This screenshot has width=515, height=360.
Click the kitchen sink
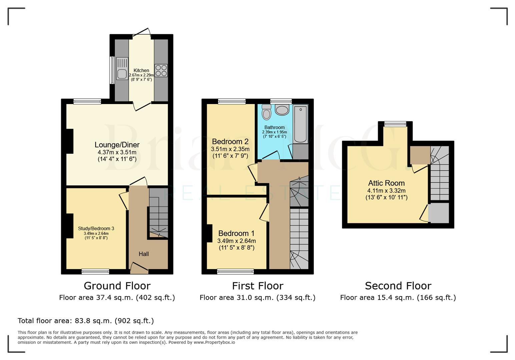[x=122, y=69]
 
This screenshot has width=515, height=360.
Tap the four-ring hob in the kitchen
[x=161, y=70]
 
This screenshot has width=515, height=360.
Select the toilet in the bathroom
[x=267, y=112]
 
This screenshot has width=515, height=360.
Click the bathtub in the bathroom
[x=301, y=124]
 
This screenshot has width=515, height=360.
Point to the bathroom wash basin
[x=282, y=110]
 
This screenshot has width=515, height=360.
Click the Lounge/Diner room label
[x=117, y=145]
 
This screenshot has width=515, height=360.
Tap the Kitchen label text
[x=141, y=70]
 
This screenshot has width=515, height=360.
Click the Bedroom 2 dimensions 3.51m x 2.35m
[x=230, y=149]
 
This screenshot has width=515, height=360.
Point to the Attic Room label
[x=386, y=183]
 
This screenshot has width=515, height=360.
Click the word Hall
[x=144, y=254]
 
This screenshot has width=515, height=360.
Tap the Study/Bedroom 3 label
[x=96, y=228]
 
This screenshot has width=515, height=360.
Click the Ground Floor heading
[x=117, y=286]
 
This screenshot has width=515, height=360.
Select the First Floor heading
[x=257, y=286]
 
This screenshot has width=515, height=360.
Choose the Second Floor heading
[x=398, y=286]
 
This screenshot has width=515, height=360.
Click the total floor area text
[x=86, y=321]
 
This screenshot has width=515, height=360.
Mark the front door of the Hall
[x=139, y=269]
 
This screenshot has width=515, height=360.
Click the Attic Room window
[x=395, y=124]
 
